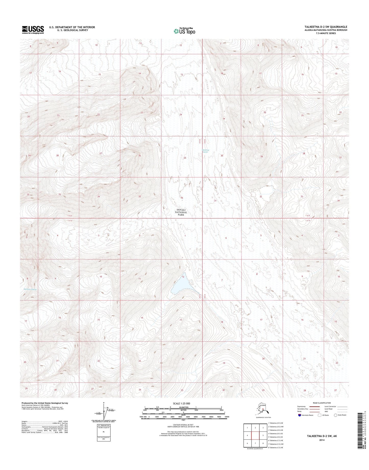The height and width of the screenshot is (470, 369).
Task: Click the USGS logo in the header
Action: pyautogui.click(x=33, y=30)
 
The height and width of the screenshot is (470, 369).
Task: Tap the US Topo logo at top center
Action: pyautogui.click(x=184, y=31)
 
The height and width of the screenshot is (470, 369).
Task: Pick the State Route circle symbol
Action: pyautogui.click(x=335, y=422)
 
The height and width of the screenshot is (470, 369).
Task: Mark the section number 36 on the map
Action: pyautogui.click(x=182, y=198)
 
